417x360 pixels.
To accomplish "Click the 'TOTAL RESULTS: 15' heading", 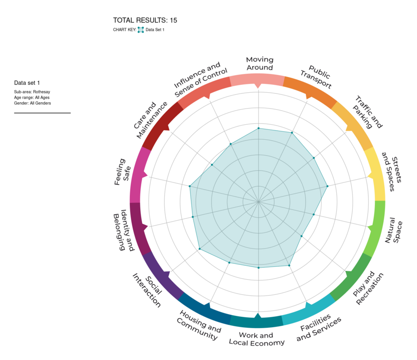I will pos(145,21).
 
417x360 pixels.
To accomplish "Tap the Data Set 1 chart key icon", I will pos(141,30).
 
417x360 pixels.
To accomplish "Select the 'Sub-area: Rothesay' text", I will pos(32,92).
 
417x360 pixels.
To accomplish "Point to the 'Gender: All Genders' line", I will pos(32,103).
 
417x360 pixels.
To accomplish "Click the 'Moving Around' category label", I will pos(259,64).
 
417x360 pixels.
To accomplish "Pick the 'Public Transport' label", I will pos(316,76).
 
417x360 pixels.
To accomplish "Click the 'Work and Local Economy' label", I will pos(257,339).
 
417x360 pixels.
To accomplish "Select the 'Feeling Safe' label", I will pos(120,172).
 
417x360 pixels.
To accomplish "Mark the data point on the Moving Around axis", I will pos(258,128).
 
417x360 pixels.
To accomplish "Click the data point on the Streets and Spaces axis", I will pos(327,187).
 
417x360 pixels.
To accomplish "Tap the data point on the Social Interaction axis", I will pos(200,249).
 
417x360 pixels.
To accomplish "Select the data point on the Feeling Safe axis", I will pos(190,187).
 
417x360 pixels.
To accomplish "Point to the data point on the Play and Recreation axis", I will pos(301,236).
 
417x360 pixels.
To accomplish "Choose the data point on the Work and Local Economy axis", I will pos(258,268).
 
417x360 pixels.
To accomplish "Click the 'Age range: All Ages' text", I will pos(32,97).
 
